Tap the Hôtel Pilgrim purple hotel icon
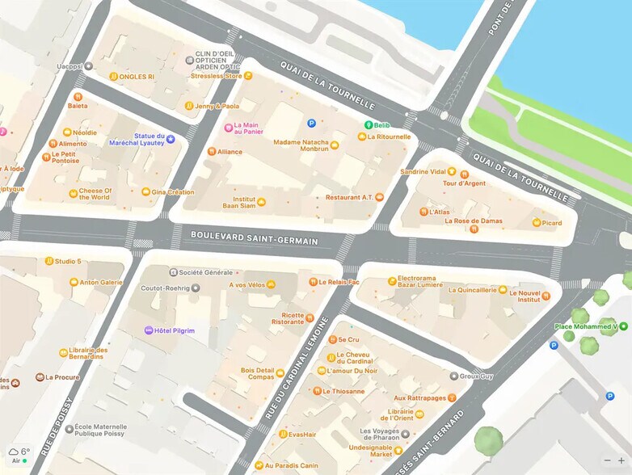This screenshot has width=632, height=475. [148, 330]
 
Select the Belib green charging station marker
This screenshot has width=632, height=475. [368, 125]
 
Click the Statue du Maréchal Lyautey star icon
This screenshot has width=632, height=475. [171, 140]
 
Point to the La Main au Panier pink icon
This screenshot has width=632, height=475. [228, 128]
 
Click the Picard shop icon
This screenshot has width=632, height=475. [535, 222]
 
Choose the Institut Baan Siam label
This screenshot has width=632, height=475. [238, 202]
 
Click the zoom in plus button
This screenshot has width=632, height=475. [621, 460]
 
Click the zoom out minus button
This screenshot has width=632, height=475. [607, 460]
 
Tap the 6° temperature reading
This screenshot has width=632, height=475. [25, 452]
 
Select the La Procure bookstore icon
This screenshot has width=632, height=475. [40, 377]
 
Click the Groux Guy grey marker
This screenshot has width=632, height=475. [453, 376]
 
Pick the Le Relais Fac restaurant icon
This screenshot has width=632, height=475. [313, 282]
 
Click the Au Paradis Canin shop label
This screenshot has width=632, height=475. [291, 465]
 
